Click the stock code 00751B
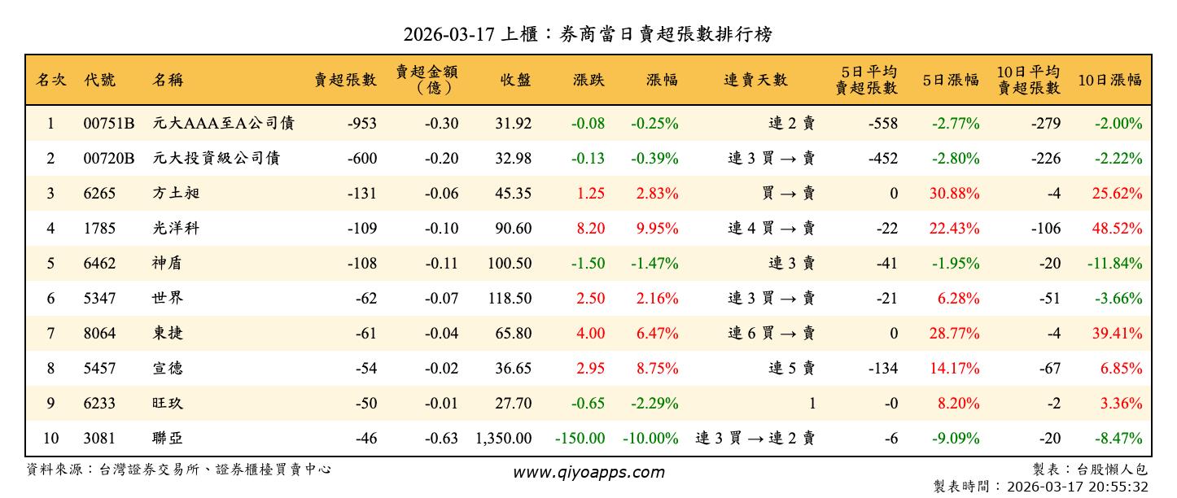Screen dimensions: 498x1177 108,124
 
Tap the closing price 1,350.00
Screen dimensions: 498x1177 503,439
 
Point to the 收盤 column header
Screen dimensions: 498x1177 515,80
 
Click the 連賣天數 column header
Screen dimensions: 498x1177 755,80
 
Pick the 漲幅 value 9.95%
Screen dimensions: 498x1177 659,229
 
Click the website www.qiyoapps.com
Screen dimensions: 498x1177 588,472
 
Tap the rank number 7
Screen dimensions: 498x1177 50,334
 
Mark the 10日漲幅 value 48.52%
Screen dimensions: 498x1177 1117,229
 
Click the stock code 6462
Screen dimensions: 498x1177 99,264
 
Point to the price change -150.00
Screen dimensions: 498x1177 580,439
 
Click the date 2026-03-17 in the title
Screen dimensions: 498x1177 449,34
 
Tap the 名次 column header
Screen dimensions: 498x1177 50,80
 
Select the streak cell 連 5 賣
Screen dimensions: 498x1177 791,369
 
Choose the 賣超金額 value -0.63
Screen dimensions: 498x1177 441,439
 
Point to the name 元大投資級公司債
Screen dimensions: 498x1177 216,159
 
